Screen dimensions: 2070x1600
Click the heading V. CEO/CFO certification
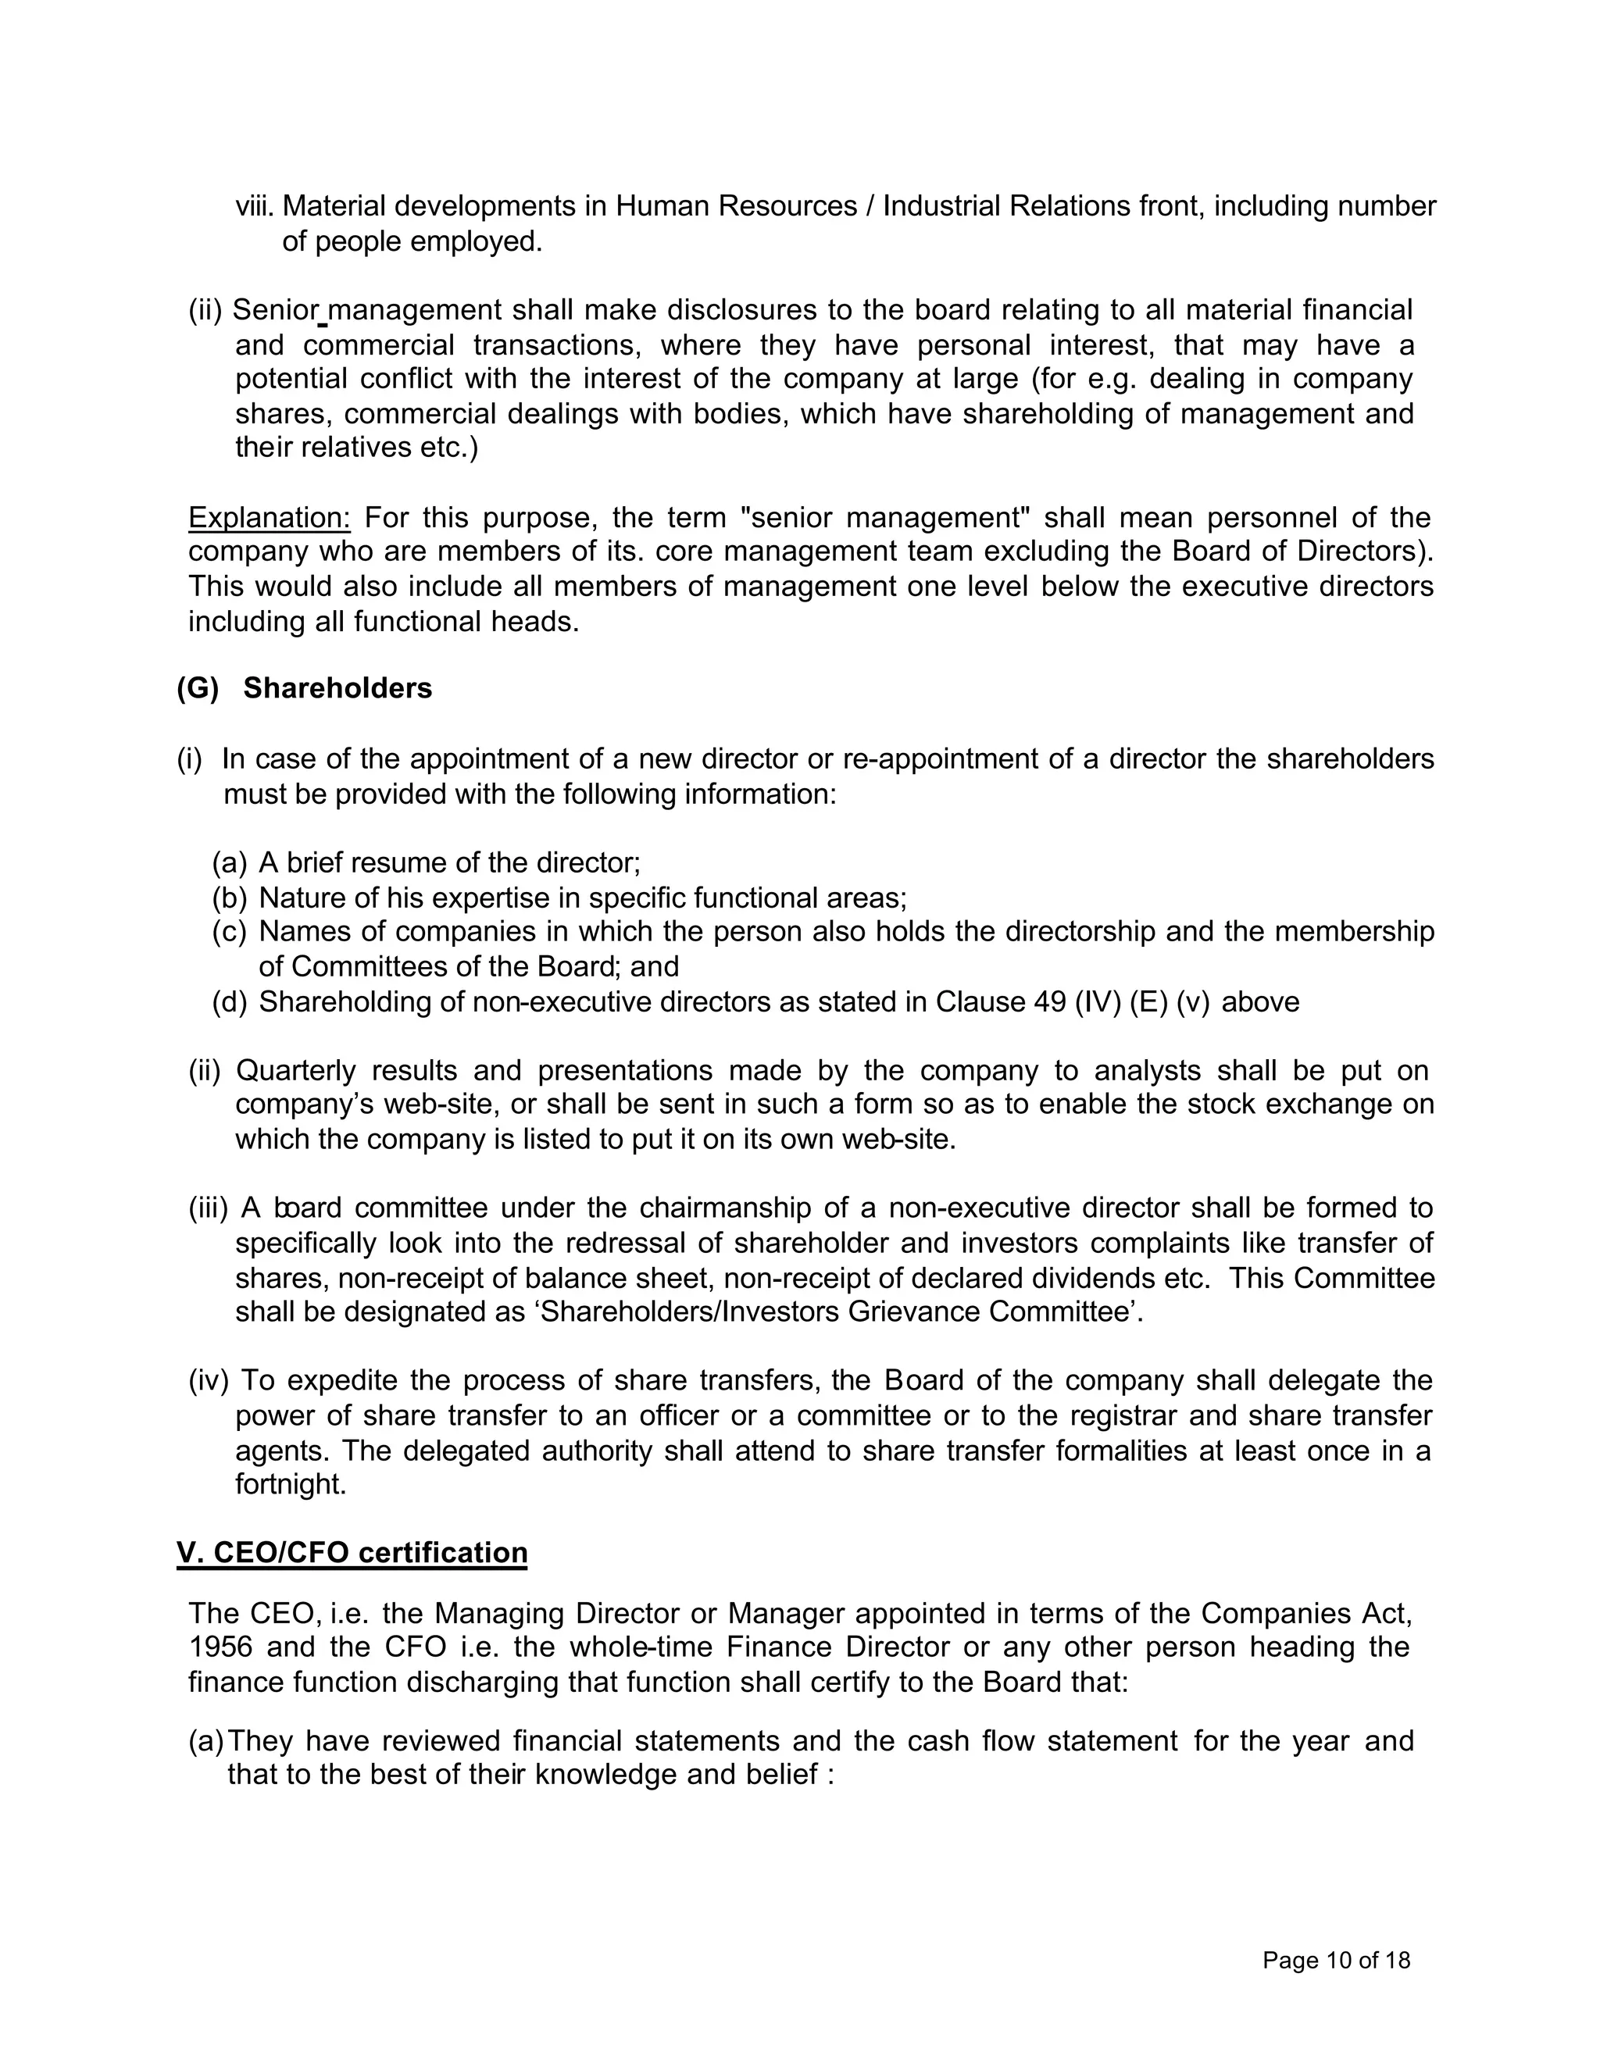(x=352, y=1553)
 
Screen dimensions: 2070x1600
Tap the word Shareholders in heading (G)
(x=337, y=688)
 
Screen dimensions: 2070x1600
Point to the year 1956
(x=220, y=1647)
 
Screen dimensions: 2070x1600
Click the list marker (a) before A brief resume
(x=230, y=862)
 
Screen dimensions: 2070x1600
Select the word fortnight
(x=290, y=1484)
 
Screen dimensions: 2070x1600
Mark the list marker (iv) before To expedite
(x=209, y=1380)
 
